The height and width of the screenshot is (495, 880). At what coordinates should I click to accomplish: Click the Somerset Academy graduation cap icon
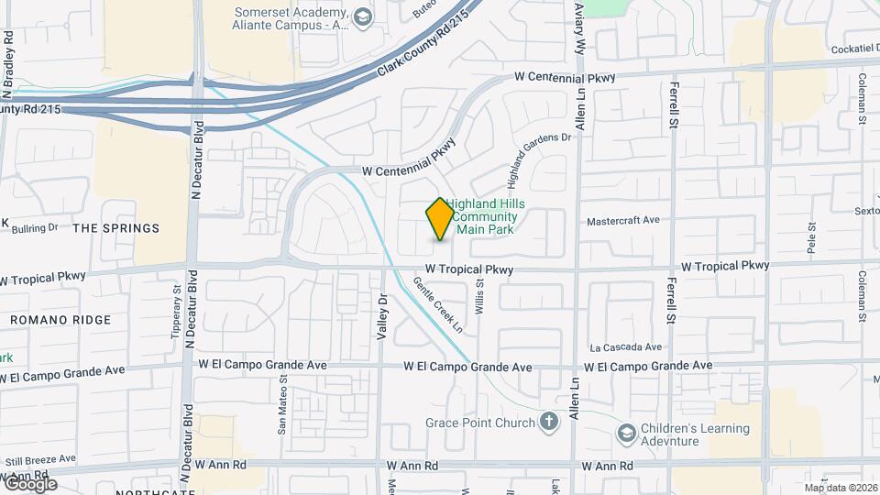(x=363, y=16)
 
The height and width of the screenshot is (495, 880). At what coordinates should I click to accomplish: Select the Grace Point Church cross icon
(x=548, y=422)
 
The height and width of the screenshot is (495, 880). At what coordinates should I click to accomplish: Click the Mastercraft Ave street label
(x=623, y=221)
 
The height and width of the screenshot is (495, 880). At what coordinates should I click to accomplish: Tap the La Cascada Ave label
(x=626, y=347)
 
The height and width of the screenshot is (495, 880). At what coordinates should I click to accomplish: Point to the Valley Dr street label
(x=383, y=318)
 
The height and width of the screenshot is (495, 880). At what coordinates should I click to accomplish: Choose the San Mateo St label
(x=282, y=404)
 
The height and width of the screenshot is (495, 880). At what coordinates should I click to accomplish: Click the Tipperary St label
(x=177, y=312)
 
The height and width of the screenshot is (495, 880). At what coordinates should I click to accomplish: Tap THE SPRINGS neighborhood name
(x=115, y=228)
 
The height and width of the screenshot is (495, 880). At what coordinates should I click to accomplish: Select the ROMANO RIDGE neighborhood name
(x=60, y=320)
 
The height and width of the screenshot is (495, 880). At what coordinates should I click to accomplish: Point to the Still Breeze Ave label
(x=40, y=458)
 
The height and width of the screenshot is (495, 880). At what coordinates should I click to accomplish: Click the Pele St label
(x=811, y=238)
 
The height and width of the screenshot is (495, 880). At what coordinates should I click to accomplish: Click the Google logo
(x=29, y=484)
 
